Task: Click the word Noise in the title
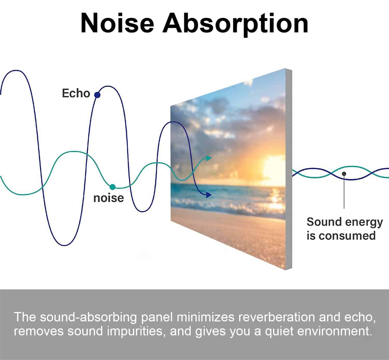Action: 117,23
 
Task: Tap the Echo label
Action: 76,93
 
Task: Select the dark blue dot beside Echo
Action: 97,95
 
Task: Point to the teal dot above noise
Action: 113,187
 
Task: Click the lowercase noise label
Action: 109,198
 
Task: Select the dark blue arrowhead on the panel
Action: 209,195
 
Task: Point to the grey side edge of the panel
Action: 289,169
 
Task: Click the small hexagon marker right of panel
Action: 344,174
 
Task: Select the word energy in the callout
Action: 364,223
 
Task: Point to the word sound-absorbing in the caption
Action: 88,317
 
